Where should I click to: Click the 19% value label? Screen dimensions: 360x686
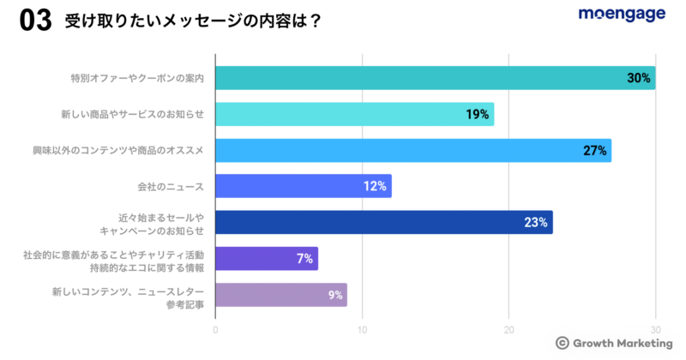tap(478, 114)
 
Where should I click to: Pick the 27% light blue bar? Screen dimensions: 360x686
tap(412, 151)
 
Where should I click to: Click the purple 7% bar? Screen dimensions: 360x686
tap(266, 258)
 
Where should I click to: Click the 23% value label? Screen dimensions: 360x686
tap(536, 223)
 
